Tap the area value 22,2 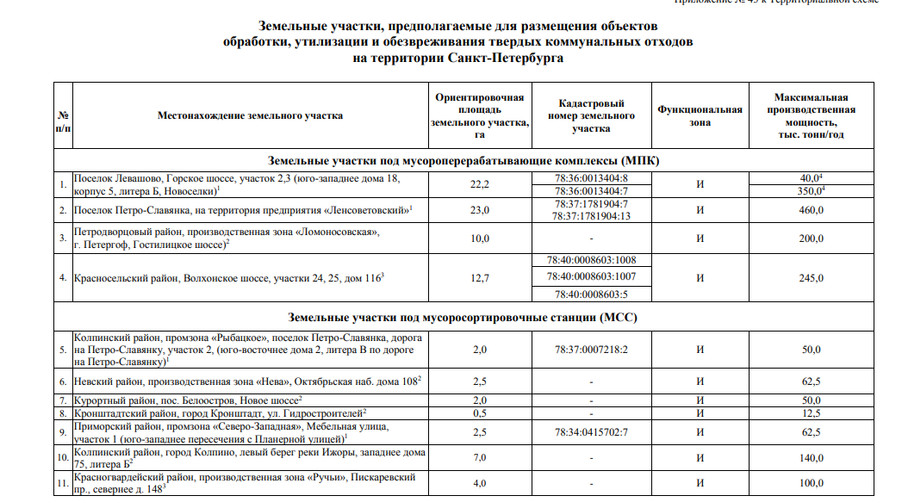coord(480,185)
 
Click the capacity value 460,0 coord(811,210)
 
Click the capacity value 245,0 coord(811,277)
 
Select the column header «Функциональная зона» coord(699,116)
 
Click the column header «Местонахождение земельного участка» coord(250,115)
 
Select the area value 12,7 coord(480,277)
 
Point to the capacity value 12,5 coord(811,414)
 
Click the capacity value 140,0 coord(811,458)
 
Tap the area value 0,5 coord(480,414)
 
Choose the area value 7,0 coord(480,458)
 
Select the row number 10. coord(62,458)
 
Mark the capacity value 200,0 coord(811,239)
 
